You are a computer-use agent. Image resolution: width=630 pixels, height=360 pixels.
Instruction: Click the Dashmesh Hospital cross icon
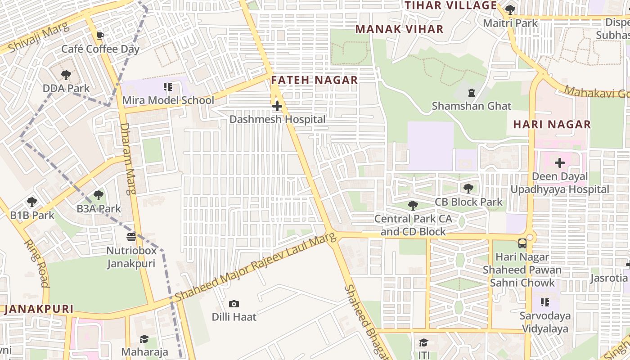pos(277,106)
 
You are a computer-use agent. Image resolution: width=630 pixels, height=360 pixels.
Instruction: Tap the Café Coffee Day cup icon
pos(100,36)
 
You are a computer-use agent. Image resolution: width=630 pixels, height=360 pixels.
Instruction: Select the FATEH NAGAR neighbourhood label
pos(314,80)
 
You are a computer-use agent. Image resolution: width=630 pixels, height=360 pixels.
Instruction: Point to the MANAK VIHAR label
pos(399,29)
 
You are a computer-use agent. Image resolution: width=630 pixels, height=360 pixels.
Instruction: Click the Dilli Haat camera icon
pos(234,304)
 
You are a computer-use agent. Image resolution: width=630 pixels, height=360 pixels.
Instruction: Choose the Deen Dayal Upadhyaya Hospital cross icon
pos(560,162)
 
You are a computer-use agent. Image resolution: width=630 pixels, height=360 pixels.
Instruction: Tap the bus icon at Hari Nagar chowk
pos(522,243)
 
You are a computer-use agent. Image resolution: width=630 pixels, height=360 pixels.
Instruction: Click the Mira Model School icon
pos(168,86)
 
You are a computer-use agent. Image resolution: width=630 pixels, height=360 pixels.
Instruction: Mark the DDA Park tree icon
pos(66,75)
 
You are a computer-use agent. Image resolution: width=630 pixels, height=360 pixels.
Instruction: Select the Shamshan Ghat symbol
pos(471,93)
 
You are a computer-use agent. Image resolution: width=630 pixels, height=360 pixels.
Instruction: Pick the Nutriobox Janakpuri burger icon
pos(131,237)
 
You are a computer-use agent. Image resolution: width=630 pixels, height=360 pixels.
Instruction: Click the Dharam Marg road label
pos(127,158)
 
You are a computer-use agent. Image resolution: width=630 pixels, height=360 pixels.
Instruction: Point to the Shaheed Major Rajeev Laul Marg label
pos(256,268)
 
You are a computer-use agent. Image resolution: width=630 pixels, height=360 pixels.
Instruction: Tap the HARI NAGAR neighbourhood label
pos(552,124)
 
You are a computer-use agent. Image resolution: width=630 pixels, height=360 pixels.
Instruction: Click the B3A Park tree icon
pos(99,195)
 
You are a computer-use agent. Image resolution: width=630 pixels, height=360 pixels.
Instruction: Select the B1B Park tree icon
pos(31,202)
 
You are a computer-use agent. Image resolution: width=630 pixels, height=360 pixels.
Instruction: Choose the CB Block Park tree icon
pos(468,188)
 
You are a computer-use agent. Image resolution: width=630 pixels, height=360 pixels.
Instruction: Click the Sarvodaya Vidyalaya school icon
pos(545,302)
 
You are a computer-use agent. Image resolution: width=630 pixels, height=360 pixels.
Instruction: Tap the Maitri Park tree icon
pos(510,9)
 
